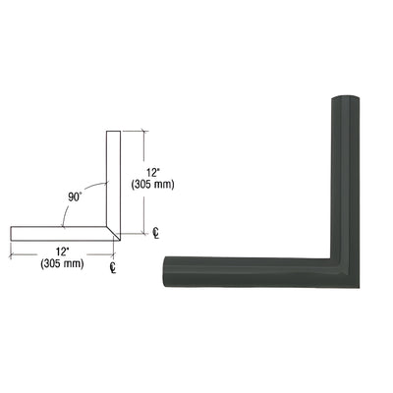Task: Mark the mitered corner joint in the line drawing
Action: tap(115, 235)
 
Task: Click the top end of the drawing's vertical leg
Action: tap(112, 132)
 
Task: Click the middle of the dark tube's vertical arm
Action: tap(342, 177)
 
